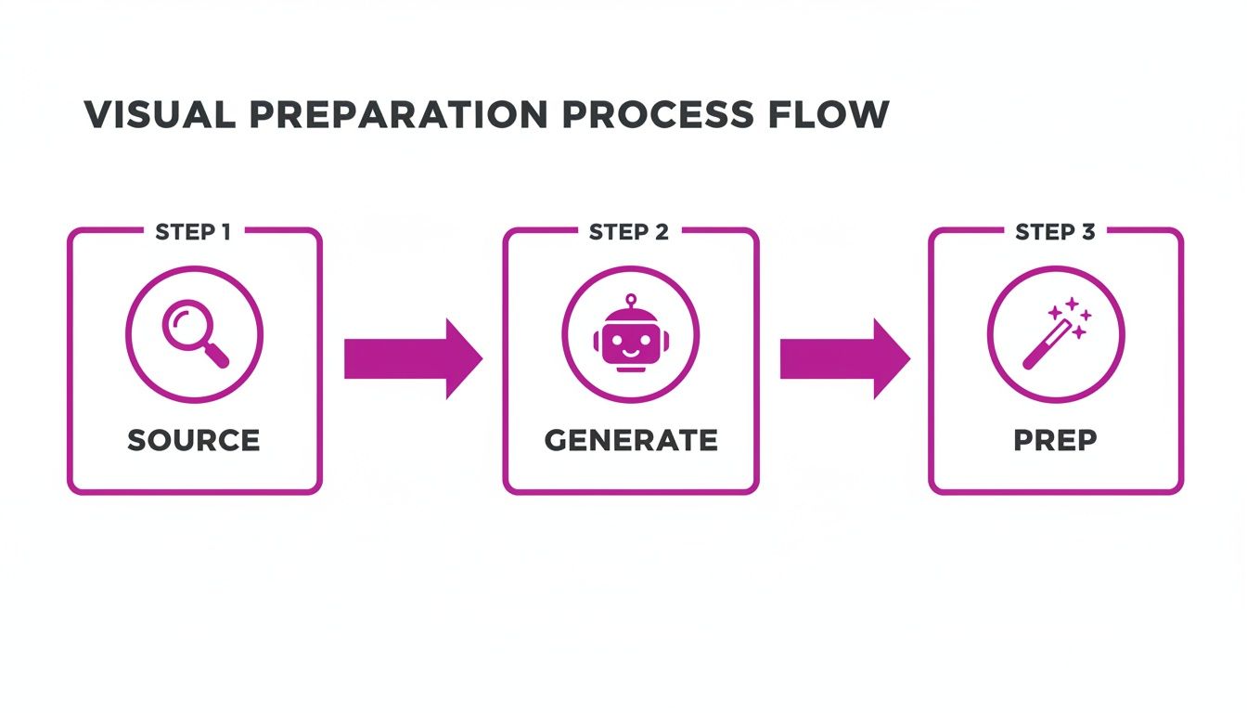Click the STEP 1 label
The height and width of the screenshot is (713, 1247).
[193, 232]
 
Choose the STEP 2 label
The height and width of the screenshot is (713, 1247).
[629, 232]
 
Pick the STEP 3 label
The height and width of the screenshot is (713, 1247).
[1055, 232]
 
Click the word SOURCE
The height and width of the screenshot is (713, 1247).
[194, 440]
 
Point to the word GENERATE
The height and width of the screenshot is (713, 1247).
[631, 440]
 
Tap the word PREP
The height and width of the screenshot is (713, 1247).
[1056, 440]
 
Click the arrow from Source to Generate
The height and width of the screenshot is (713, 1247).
[412, 359]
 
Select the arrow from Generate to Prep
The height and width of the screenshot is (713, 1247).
[843, 359]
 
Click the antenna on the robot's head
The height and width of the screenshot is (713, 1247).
[631, 301]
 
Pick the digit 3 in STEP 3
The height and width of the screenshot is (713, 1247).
[1086, 232]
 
